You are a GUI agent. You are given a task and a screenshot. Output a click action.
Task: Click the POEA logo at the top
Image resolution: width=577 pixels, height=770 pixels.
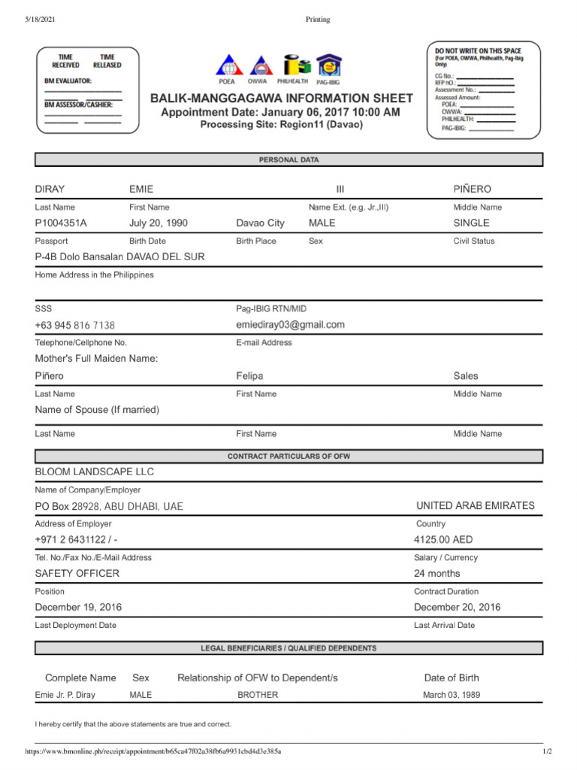[x=227, y=66]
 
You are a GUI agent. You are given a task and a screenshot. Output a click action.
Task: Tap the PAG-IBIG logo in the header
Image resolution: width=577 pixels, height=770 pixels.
[x=328, y=66]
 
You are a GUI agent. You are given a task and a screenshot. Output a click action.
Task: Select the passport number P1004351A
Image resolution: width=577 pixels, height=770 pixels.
[x=61, y=223]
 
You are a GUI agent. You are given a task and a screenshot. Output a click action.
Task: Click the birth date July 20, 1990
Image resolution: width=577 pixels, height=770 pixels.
[x=159, y=223]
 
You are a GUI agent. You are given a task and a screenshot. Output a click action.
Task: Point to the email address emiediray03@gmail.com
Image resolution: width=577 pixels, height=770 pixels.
[x=290, y=325]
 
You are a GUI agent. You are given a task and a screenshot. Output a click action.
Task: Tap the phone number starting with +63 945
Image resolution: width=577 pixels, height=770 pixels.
[x=74, y=326]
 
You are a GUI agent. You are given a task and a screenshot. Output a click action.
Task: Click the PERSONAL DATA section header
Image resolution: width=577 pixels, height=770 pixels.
[x=288, y=160]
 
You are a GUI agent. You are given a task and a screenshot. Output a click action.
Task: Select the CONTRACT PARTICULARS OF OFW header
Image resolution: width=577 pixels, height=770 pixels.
[x=288, y=456]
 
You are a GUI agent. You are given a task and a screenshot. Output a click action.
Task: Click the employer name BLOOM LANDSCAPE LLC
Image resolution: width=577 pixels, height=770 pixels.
[x=94, y=472]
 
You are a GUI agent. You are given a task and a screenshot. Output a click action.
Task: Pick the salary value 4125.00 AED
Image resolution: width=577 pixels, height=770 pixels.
[x=443, y=540]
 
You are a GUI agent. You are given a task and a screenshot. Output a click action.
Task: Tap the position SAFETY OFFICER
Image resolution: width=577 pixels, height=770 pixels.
[x=77, y=574]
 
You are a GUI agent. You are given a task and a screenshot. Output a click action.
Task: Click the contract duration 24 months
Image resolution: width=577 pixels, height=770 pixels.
[x=437, y=574]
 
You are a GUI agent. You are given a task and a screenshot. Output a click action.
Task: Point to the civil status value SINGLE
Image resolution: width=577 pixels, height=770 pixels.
[x=471, y=223]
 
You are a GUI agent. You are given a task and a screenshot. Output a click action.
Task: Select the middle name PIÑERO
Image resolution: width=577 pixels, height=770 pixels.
[x=472, y=189]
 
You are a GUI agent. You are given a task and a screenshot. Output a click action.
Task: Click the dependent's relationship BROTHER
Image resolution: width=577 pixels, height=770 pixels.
[x=258, y=695]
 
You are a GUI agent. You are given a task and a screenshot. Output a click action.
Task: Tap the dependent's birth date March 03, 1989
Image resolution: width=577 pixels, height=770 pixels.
[x=452, y=695]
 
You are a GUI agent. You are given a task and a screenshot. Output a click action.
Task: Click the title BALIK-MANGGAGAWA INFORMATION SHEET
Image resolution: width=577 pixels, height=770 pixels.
[x=281, y=99]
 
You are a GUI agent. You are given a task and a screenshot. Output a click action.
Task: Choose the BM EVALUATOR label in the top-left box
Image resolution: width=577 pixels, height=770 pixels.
[x=68, y=80]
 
